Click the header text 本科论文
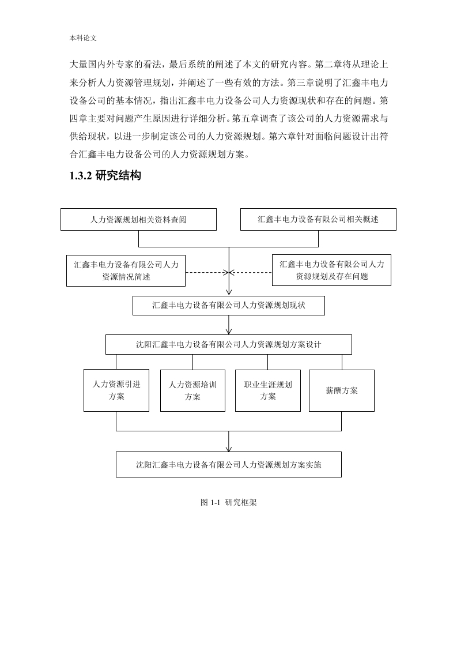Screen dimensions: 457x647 click(83, 38)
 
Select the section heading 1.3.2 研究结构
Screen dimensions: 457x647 click(105, 175)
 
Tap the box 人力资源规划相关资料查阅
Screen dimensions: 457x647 click(138, 219)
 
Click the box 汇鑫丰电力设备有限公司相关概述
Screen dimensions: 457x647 click(318, 219)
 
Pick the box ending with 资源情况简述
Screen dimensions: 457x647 click(126, 270)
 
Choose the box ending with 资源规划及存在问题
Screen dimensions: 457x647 click(331, 270)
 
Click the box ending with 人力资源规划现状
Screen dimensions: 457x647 click(228, 306)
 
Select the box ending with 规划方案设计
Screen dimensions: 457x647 click(228, 344)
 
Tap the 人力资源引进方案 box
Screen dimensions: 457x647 click(116, 390)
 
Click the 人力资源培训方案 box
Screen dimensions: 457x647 click(192, 390)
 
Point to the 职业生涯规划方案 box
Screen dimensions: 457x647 click(267, 390)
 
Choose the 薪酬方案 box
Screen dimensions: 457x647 click(342, 390)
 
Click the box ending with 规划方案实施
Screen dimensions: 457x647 click(228, 465)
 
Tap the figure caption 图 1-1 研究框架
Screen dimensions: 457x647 click(228, 502)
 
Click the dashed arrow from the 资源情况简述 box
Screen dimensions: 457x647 click(207, 272)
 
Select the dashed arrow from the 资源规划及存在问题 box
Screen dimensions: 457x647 click(250, 272)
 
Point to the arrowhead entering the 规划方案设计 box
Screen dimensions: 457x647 click(229, 332)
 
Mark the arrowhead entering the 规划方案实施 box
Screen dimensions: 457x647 click(229, 449)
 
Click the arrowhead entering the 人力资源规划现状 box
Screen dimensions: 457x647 click(229, 292)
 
